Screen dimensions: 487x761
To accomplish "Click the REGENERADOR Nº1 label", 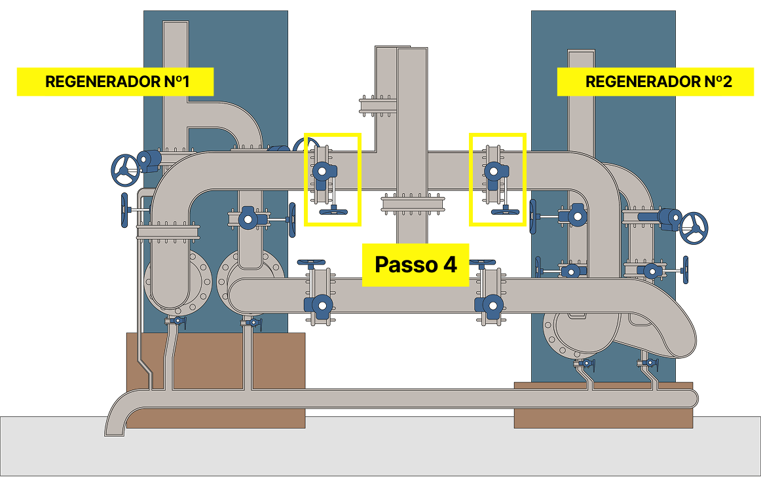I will tap(116, 82).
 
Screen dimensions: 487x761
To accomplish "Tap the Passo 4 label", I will tap(416, 264).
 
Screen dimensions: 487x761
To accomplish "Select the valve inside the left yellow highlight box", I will tap(322, 172).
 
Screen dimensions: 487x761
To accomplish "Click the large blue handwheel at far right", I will tap(694, 227).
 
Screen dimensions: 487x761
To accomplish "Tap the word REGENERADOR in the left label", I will tap(102, 82).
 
